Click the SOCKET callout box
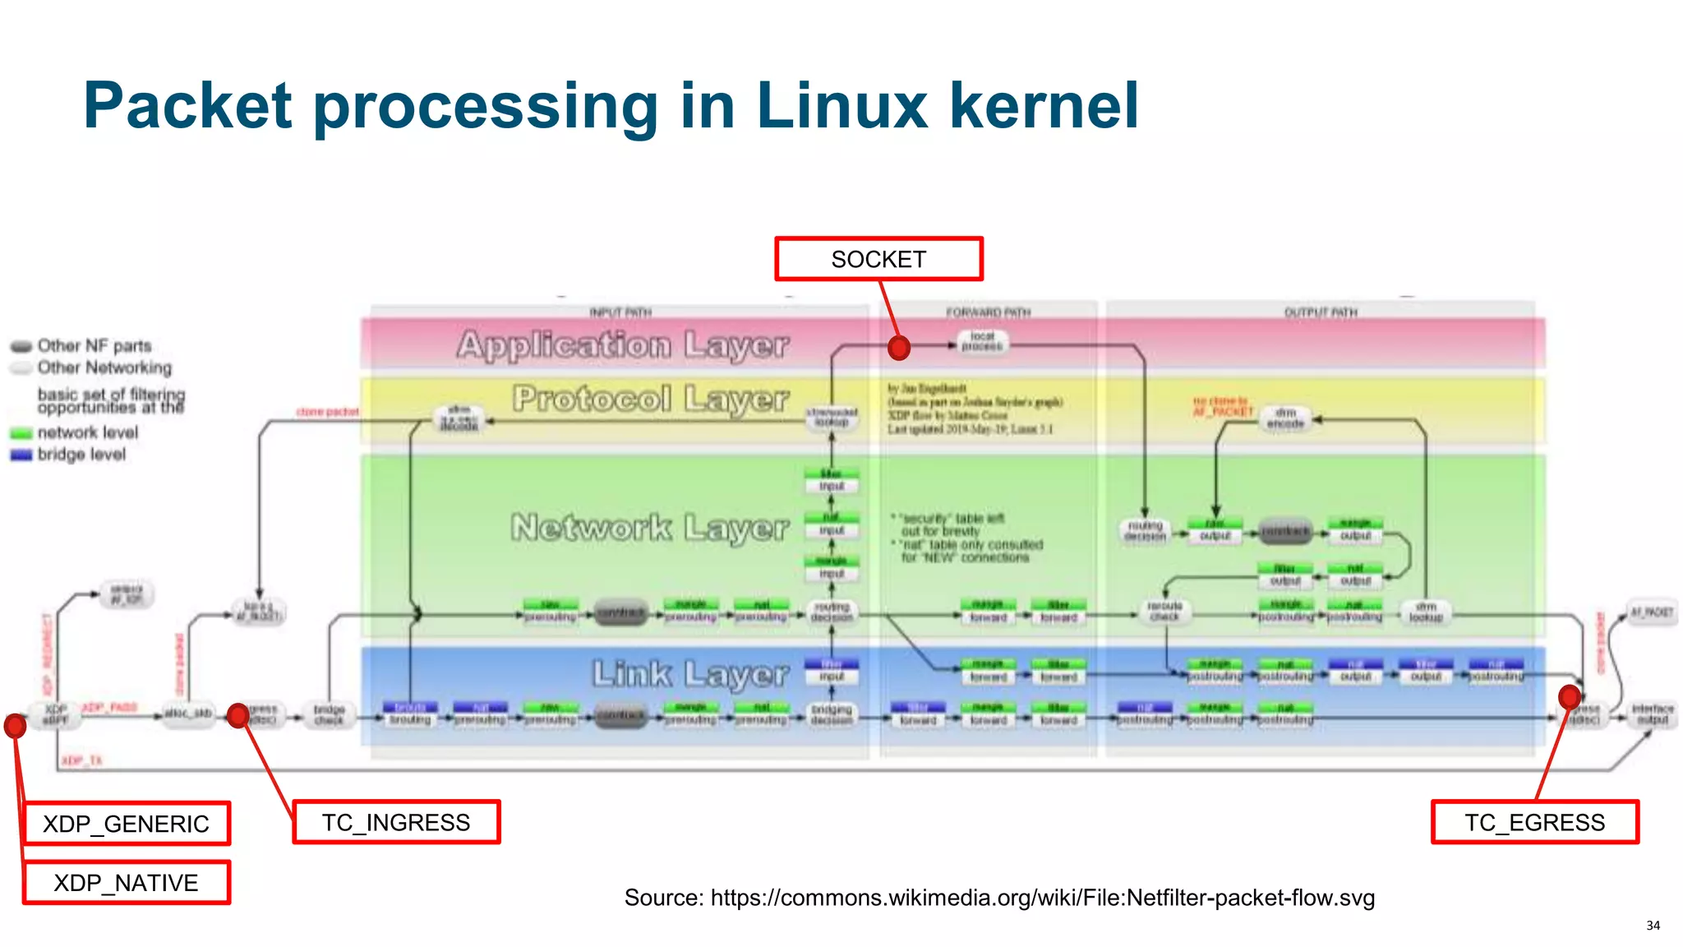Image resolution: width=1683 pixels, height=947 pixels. pos(878,259)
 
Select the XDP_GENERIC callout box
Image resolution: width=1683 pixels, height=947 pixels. pos(127,824)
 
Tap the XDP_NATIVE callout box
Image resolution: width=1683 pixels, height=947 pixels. pos(127,883)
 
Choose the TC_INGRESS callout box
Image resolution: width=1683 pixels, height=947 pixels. pos(396,822)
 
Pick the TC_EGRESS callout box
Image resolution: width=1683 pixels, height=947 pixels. pos(1534,822)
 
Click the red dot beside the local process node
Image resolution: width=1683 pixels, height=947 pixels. pos(899,348)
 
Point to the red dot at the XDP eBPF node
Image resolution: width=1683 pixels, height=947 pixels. pos(15,726)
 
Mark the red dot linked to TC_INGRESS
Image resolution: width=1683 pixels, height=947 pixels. pos(238,715)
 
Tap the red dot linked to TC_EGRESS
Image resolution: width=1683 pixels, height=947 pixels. pos(1570,697)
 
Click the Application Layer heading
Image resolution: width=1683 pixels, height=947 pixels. pos(623,344)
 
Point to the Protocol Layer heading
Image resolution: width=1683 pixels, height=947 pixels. pos(650,399)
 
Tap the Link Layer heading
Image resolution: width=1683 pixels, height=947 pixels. pos(690,674)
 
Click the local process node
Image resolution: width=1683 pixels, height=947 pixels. pos(982,342)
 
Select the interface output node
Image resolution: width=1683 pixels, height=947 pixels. pos(1653,714)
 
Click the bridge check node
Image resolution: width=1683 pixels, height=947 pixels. pos(330,714)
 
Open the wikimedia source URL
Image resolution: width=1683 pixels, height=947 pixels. pos(1042,898)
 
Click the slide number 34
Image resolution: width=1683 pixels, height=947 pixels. pos(1653,926)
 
